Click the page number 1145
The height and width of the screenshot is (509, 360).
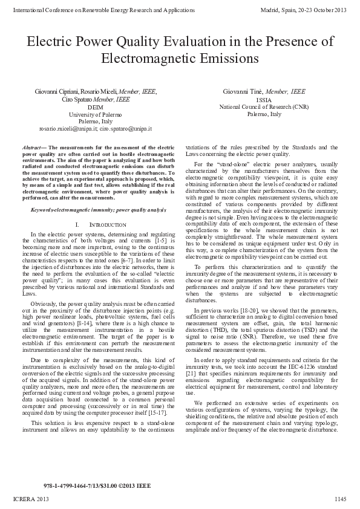341,499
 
